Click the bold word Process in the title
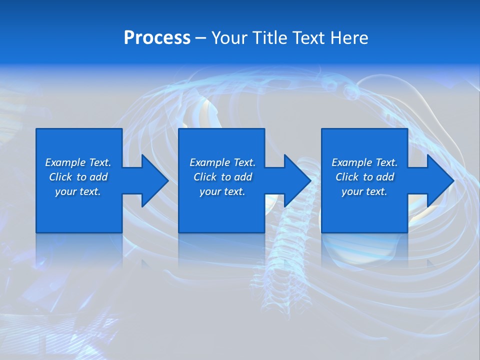coord(157,38)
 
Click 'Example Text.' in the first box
coord(78,162)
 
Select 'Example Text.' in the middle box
coord(222,162)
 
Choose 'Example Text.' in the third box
coord(364,162)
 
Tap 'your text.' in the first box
coord(78,191)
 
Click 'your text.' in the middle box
coord(222,191)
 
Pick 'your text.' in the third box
coord(364,191)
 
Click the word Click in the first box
coord(60,177)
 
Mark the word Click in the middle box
coord(205,177)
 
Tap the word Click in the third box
coord(347,177)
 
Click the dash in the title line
coord(200,38)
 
